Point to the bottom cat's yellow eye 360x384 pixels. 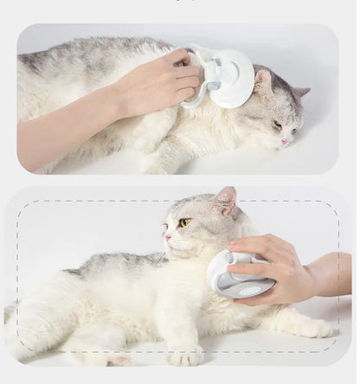(x=184, y=223)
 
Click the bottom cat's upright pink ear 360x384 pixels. (x=226, y=201)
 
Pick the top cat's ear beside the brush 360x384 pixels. (x=261, y=82)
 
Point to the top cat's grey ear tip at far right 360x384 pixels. (x=302, y=92)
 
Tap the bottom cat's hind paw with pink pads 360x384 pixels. (x=118, y=360)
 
